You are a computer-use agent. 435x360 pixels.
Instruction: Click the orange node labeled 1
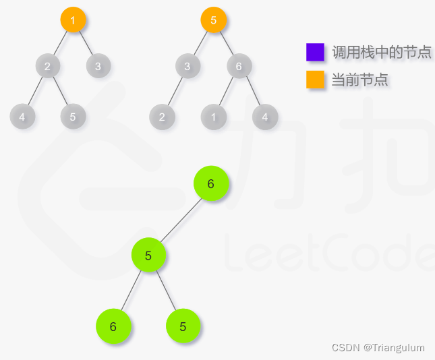[73, 20]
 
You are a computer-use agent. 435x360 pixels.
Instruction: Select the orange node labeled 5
[213, 20]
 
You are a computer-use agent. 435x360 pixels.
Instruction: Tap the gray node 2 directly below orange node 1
[47, 66]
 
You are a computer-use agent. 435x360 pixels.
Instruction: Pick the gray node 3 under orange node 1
[98, 66]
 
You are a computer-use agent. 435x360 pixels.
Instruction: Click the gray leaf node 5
[73, 117]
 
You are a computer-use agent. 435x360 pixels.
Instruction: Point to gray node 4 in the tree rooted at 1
[22, 117]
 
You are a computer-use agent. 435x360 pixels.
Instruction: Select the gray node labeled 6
[239, 66]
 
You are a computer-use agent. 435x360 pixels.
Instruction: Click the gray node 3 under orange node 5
[187, 66]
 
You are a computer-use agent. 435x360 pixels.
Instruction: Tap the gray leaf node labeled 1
[213, 117]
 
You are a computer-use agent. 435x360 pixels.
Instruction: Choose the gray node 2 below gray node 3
[162, 117]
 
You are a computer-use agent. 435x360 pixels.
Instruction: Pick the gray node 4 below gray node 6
[265, 117]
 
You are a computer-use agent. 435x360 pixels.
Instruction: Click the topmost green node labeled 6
[211, 184]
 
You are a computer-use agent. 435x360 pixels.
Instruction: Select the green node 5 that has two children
[148, 256]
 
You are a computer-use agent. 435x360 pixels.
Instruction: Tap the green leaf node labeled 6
[113, 326]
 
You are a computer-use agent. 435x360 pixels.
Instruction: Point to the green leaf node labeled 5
[183, 326]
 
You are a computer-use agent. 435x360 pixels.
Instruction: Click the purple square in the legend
[315, 52]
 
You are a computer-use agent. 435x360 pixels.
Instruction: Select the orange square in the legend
[315, 80]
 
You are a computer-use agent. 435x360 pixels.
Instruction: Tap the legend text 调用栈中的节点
[381, 52]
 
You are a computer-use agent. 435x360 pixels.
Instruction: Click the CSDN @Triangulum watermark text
[378, 348]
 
